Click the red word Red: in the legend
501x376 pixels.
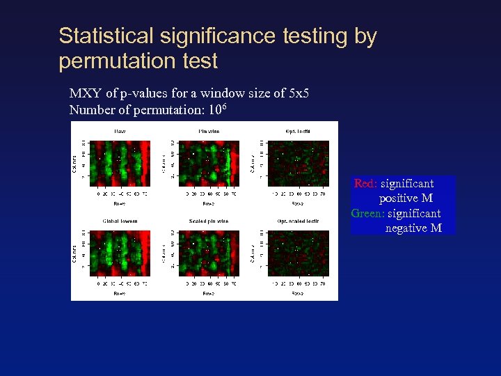pos(365,184)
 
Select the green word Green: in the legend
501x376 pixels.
pos(367,213)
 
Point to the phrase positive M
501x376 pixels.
pos(406,198)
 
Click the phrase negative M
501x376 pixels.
pos(413,228)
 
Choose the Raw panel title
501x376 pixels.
pos(120,131)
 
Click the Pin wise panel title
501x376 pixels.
pos(209,131)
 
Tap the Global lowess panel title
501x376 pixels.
pos(120,221)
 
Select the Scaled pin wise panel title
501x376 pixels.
pos(209,221)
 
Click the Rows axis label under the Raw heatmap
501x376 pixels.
pos(120,204)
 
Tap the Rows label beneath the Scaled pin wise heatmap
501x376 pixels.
pos(209,294)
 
